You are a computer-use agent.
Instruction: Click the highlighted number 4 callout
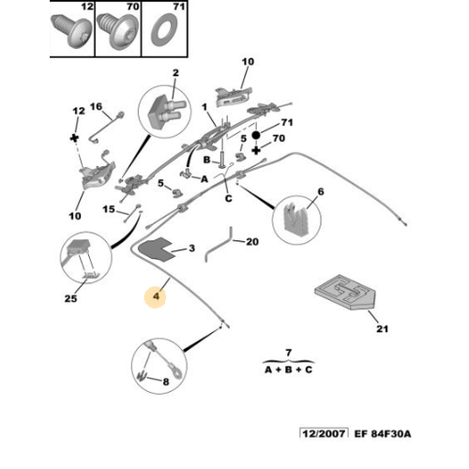tap(156, 295)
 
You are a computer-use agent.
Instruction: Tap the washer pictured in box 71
tap(164, 30)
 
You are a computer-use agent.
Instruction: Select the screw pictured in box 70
tap(117, 31)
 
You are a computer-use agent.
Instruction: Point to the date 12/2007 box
tap(324, 433)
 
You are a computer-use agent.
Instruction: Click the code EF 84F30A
tap(383, 434)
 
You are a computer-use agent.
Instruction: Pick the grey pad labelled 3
tap(157, 249)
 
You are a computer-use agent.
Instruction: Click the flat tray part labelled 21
tap(344, 292)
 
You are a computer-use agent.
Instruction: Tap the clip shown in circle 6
tap(295, 219)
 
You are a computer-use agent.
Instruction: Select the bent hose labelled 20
tap(219, 245)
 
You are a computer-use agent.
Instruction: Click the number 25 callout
tap(70, 298)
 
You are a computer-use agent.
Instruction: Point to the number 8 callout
tap(166, 382)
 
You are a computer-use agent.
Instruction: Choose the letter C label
tap(229, 199)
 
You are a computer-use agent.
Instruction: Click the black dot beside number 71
tap(256, 135)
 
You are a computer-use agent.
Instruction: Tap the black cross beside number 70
tap(256, 150)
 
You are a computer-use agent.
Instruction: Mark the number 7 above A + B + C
tap(288, 353)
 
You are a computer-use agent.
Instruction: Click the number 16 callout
tap(96, 107)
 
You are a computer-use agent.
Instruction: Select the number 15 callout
tap(109, 209)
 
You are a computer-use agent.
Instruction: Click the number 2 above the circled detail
tap(175, 73)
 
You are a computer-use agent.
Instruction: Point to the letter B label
tap(206, 159)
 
